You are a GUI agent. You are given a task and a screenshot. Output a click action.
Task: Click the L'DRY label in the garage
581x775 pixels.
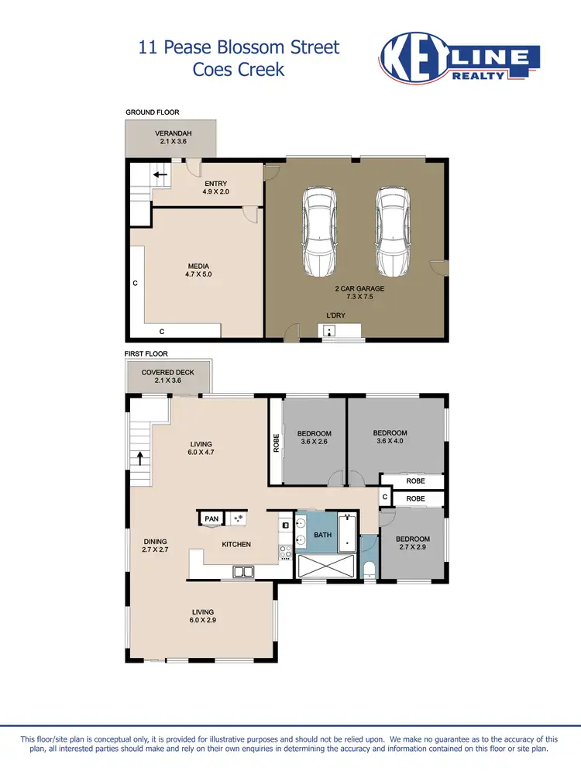click(x=335, y=315)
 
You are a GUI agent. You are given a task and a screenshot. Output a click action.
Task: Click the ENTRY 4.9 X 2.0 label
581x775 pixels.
click(x=215, y=188)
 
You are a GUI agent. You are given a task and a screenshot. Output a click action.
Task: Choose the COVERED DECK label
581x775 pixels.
click(x=167, y=377)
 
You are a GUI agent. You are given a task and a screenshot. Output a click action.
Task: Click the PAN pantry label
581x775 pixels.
click(x=211, y=519)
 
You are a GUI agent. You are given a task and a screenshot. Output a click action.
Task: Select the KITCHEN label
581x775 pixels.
click(x=236, y=544)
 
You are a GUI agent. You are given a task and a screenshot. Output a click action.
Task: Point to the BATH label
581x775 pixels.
click(x=321, y=535)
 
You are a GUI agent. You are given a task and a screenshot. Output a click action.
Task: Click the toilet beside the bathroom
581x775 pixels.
click(x=369, y=570)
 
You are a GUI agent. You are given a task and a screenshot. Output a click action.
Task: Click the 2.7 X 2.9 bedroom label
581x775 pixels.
click(x=412, y=544)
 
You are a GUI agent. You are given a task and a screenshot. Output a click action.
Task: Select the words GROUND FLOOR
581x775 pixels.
click(x=153, y=112)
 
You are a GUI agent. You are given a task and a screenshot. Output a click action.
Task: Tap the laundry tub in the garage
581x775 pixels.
click(x=330, y=331)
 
